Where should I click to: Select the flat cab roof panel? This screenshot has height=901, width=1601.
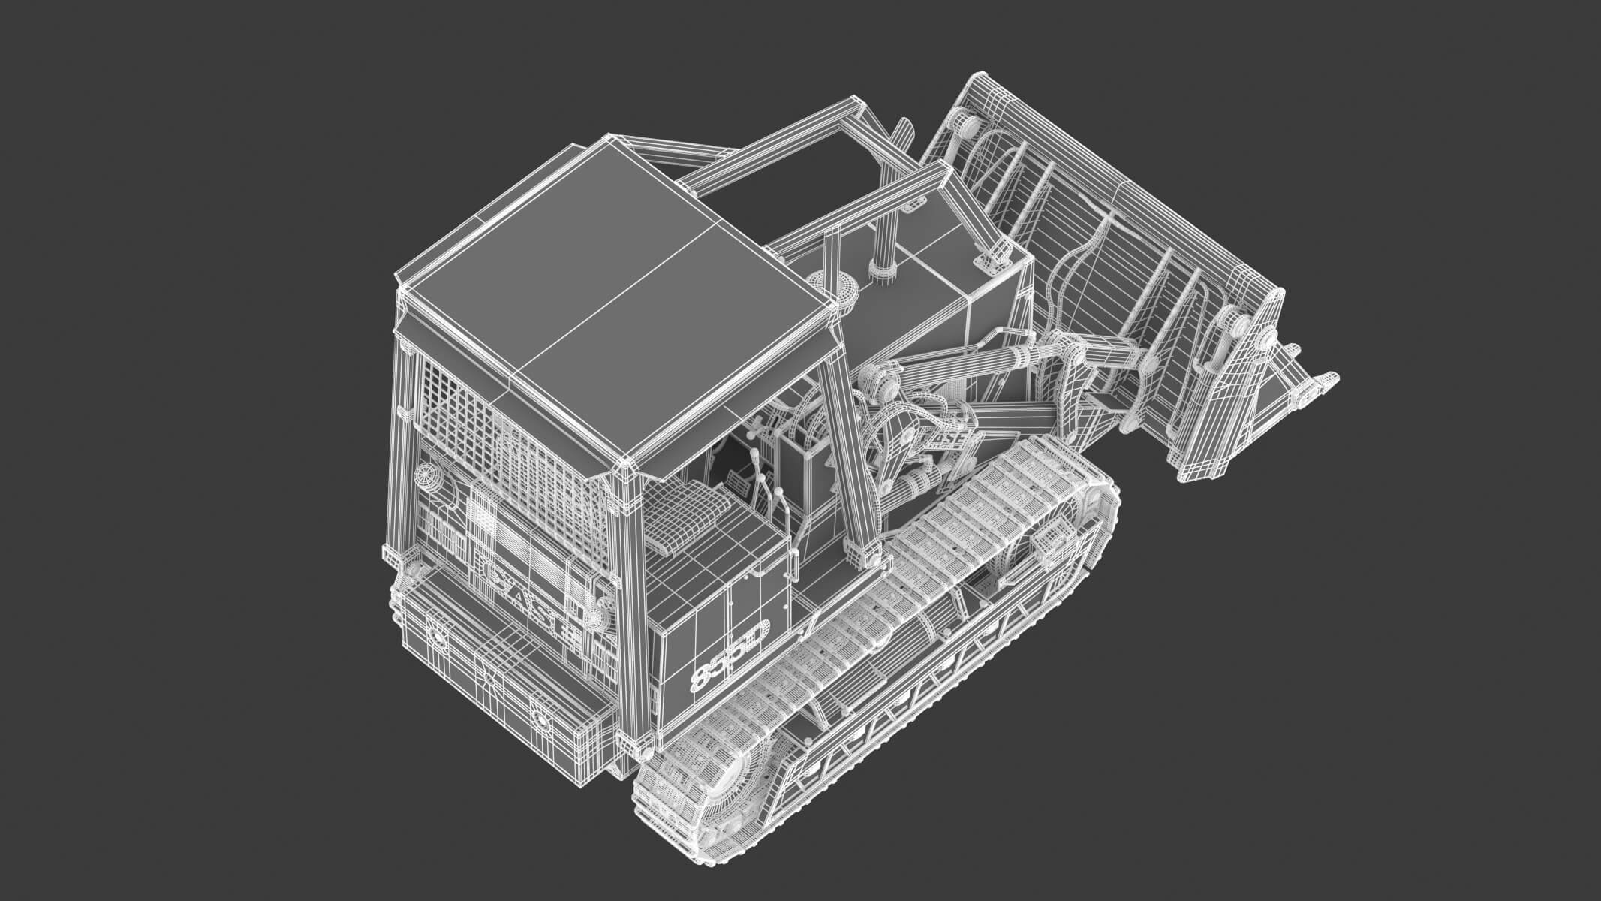coord(615,300)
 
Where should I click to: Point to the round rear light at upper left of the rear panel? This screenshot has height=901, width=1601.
coord(430,477)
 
